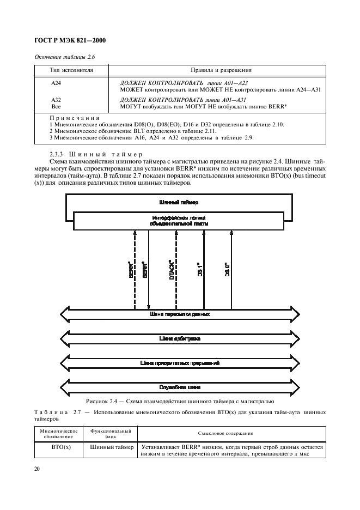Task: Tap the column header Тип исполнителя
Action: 71,70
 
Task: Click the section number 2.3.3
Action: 57,154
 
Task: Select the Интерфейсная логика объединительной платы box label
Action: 178,220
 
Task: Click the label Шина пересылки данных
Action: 179,314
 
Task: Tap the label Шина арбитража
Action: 179,338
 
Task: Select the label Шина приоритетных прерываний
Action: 180,362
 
